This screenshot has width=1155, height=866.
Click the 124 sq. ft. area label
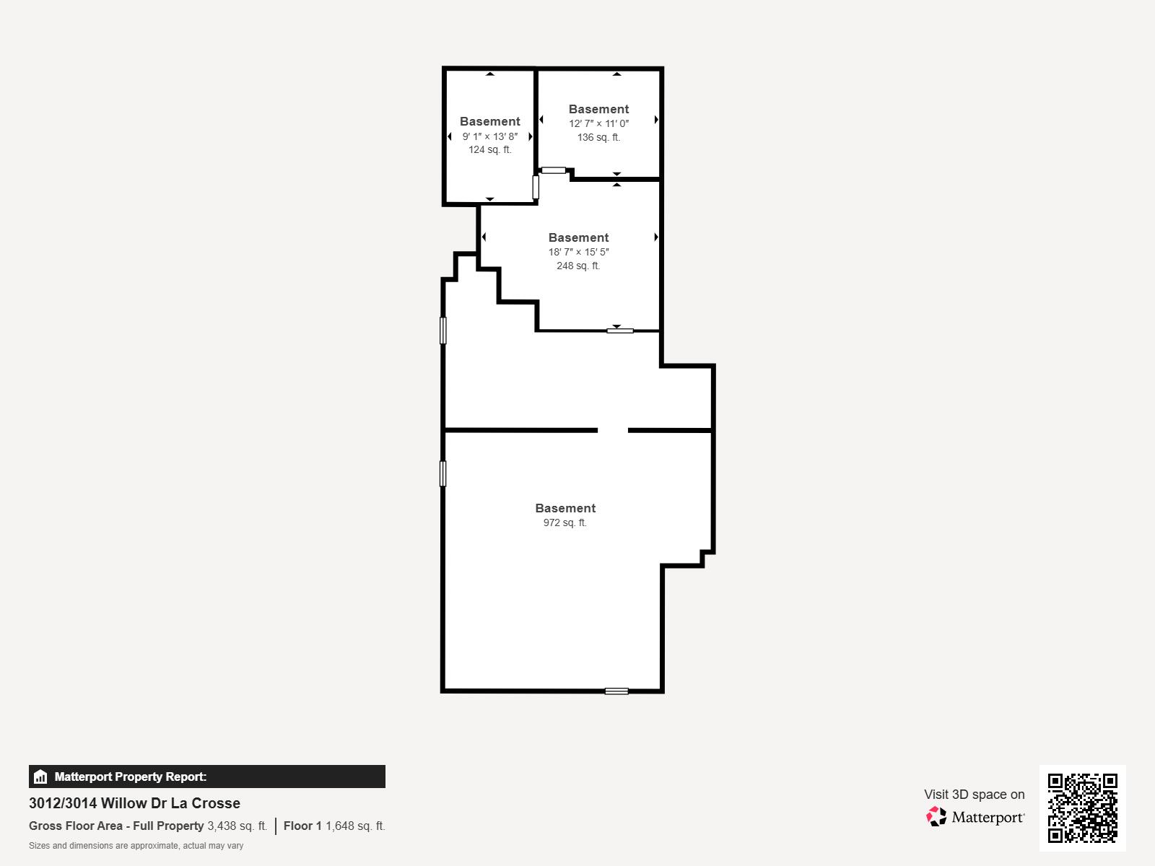tap(489, 150)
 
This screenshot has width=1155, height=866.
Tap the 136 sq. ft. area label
tap(598, 137)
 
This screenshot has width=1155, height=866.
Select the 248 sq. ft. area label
tap(578, 266)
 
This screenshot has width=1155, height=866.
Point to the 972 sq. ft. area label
tap(565, 522)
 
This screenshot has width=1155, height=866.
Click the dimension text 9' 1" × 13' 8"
tap(490, 136)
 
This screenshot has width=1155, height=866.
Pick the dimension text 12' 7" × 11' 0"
tap(598, 123)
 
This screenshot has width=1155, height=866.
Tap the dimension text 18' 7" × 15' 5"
tap(578, 252)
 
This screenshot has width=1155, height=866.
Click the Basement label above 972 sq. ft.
tap(565, 508)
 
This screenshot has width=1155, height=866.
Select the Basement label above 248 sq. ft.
tap(578, 237)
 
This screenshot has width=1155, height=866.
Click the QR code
tap(1082, 808)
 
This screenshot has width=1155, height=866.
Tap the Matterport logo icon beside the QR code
tap(937, 817)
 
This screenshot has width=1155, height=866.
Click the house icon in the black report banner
tap(40, 777)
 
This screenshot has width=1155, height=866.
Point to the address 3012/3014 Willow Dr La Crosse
tap(134, 803)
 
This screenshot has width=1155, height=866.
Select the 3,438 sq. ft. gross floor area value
tap(237, 826)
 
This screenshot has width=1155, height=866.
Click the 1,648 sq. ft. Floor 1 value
tap(355, 826)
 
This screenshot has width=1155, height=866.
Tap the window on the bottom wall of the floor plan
tap(616, 691)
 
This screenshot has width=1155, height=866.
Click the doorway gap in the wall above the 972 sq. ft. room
tap(613, 430)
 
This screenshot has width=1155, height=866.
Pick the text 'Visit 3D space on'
tap(974, 795)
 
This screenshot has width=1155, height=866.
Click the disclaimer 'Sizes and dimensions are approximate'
tap(136, 846)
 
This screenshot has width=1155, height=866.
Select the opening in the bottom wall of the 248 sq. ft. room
tap(620, 331)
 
